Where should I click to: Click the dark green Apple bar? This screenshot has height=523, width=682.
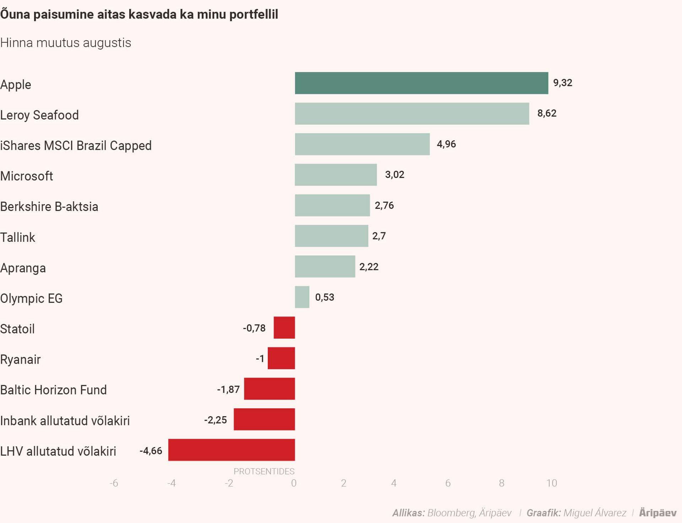pos(421,83)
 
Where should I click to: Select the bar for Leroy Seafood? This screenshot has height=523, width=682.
pos(412,114)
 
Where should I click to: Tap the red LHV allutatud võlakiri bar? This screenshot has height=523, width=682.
pos(231,450)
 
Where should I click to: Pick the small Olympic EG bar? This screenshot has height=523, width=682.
pos(302,297)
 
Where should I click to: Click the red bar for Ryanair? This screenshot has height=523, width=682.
pos(281,358)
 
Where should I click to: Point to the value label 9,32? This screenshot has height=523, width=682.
pos(562,83)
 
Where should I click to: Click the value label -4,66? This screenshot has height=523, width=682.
pos(151,451)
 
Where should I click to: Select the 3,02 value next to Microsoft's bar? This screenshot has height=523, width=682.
pos(394,174)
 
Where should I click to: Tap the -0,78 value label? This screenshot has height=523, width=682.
pos(254,328)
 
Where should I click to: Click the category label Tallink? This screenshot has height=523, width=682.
pos(18,237)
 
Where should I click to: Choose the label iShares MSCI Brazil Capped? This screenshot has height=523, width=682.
pos(76,146)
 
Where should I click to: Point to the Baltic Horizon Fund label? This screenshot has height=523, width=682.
pos(53,390)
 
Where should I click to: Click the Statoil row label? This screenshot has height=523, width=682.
pos(17,329)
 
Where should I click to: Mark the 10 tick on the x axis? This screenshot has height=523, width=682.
pos(551,483)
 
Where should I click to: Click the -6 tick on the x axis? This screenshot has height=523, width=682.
pos(114,483)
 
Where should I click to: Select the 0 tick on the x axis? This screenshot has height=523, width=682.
pos(294,483)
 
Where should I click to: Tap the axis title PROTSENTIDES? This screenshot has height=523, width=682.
pos(264,471)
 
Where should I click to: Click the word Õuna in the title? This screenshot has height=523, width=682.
pos(15,14)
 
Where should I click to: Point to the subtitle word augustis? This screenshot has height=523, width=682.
pos(107,43)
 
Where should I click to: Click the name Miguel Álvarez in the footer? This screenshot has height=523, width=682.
pos(595,513)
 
